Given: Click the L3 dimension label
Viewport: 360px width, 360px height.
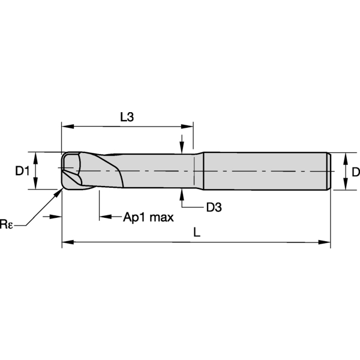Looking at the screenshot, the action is click(x=127, y=117).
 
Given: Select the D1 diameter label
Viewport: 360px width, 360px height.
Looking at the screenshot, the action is click(x=22, y=171).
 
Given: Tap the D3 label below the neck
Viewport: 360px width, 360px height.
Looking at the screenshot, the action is click(x=214, y=208).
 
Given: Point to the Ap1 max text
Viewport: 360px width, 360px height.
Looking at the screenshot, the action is click(x=148, y=217).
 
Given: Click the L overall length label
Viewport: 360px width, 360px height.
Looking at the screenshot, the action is click(x=197, y=232).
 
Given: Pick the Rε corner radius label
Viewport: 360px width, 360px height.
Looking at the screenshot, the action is click(x=6, y=224).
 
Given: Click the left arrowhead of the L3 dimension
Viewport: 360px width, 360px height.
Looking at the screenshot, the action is click(x=67, y=126).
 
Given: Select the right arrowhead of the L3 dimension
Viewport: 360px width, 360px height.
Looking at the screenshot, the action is click(x=187, y=126).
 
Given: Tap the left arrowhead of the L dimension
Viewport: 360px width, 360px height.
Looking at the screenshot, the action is click(x=68, y=242).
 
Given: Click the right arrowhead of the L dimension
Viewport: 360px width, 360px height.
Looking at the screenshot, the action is click(x=325, y=242).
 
